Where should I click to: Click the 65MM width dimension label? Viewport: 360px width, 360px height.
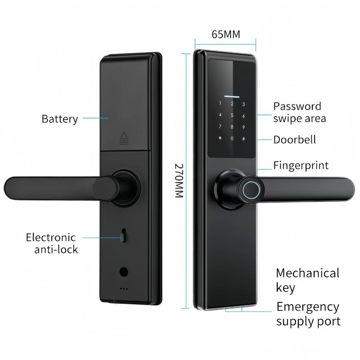point(226,34)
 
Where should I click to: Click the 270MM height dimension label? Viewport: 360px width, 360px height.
point(178,180)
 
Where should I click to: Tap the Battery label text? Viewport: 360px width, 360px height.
point(60,118)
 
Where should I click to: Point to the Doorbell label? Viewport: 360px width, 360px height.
point(295,139)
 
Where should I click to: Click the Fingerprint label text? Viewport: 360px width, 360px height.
point(301,165)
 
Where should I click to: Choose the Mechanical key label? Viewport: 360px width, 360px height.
point(307,280)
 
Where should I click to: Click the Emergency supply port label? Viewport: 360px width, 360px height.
point(308,314)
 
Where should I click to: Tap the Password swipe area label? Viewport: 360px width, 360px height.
point(299,112)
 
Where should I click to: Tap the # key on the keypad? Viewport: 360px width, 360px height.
point(243,138)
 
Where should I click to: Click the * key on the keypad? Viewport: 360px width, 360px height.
point(220,138)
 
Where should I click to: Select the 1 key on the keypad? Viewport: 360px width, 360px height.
point(220,104)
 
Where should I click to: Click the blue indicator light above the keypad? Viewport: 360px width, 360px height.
point(232,97)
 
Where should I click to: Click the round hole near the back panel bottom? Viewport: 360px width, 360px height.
point(124,272)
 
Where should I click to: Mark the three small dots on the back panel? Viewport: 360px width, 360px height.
point(124,289)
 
